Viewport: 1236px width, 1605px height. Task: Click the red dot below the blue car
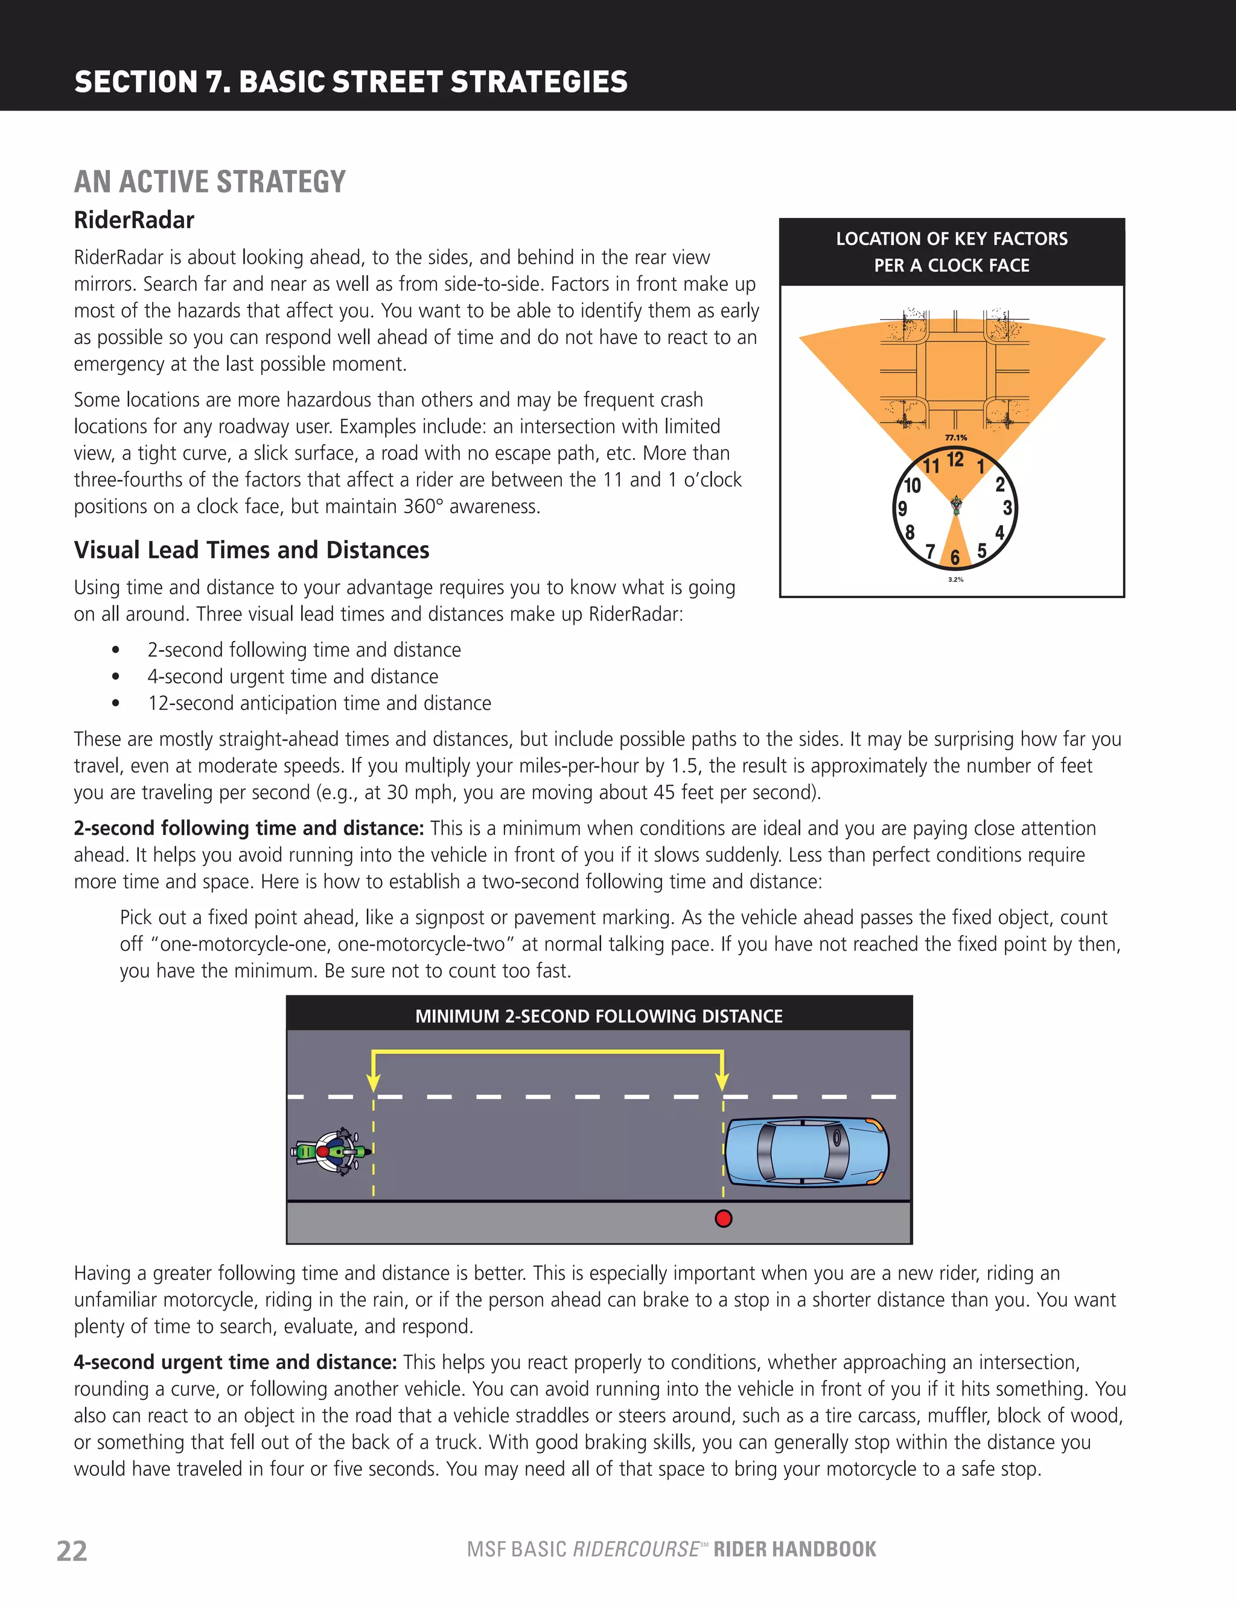tap(723, 1219)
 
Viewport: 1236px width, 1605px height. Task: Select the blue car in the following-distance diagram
tap(807, 1152)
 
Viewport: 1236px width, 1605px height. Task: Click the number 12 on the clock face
tap(955, 460)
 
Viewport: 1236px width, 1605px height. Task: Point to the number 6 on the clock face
tap(955, 558)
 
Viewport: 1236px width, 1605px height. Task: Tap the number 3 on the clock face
tap(1007, 508)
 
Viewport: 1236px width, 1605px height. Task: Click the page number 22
tap(72, 1551)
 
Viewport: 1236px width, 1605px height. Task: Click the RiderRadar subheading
tap(134, 220)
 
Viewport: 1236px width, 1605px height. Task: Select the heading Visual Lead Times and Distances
tap(251, 550)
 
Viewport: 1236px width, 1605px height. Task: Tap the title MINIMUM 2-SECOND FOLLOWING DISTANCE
tap(599, 1016)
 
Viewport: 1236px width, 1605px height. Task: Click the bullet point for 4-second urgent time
tap(115, 677)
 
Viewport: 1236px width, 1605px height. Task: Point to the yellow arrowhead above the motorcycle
tap(374, 1082)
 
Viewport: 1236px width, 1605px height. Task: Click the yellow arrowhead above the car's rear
tap(722, 1082)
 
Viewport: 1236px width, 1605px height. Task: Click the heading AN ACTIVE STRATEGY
tap(209, 182)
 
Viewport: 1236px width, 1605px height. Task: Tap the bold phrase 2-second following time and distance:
tap(249, 828)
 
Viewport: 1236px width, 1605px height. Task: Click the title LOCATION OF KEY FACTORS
tap(952, 239)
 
